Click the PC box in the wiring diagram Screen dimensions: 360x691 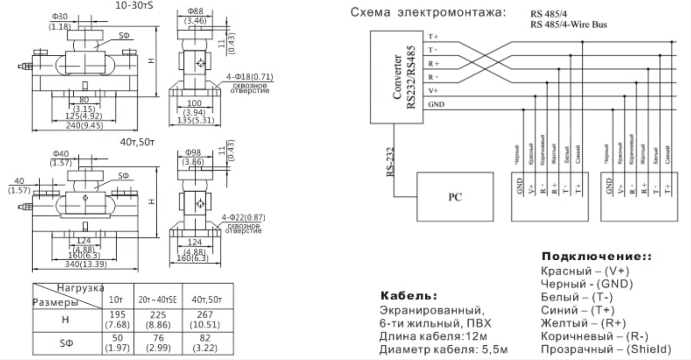point(454,197)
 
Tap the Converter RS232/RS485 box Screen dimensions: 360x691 point(397,77)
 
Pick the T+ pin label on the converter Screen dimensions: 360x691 point(434,36)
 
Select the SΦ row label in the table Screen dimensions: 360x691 point(66,343)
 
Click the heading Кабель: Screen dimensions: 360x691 point(408,295)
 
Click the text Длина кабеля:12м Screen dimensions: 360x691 point(433,336)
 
